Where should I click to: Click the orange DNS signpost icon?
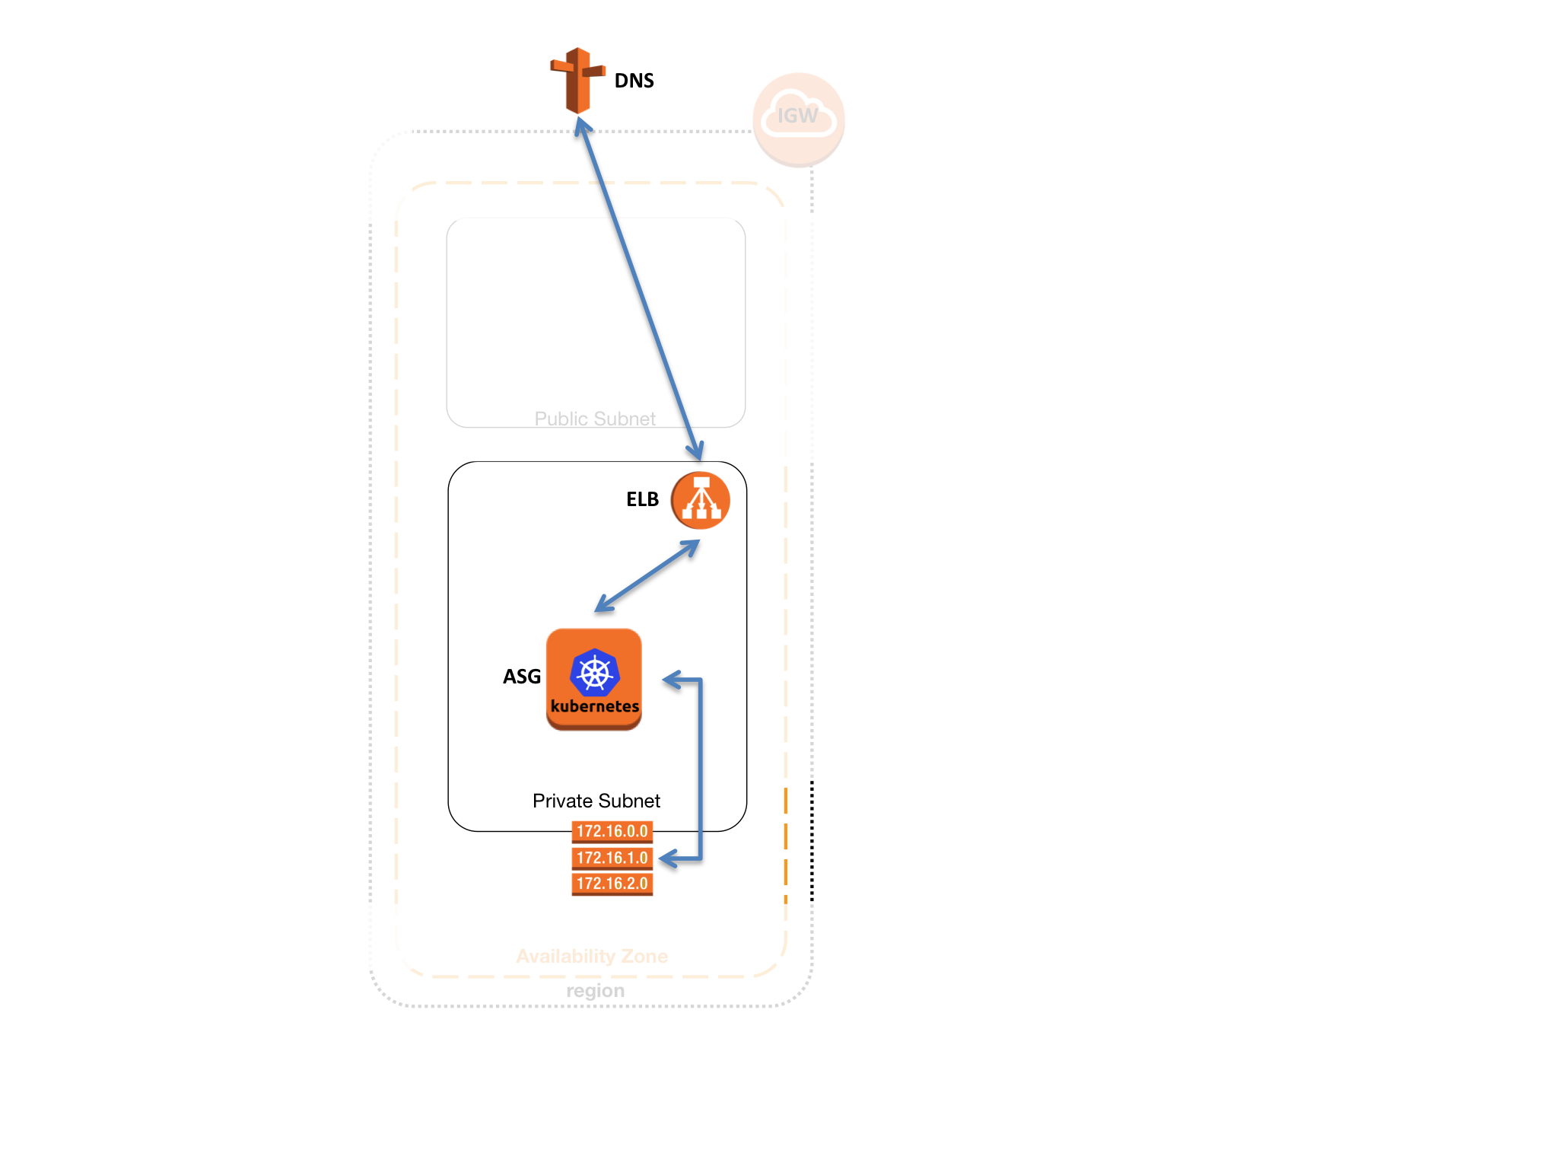pos(578,80)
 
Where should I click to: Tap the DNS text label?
pos(634,81)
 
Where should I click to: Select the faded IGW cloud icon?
pos(798,118)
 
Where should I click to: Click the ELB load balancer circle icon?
pos(701,500)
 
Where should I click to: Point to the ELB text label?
pos(642,499)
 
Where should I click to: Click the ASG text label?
pos(522,677)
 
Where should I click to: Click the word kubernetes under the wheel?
pos(595,706)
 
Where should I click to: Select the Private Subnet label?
pos(596,801)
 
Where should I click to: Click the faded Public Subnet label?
pos(595,419)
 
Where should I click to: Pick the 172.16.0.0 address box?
pos(612,831)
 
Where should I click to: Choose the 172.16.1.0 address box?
pos(612,858)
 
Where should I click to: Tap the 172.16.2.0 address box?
pos(612,884)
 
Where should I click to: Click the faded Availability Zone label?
pos(592,956)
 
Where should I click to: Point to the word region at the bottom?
pos(595,991)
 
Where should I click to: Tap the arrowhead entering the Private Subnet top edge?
pos(695,453)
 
